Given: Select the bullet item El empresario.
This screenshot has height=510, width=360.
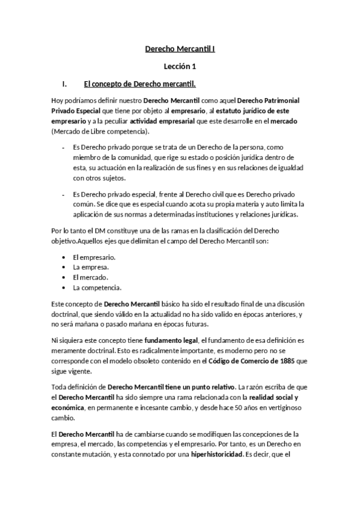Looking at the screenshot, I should pyautogui.click(x=94, y=257).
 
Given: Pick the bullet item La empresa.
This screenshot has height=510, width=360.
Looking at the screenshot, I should pyautogui.click(x=90, y=266).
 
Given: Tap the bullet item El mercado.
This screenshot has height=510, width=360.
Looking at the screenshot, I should pyautogui.click(x=90, y=277).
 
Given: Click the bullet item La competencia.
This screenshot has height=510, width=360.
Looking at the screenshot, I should pyautogui.click(x=97, y=287).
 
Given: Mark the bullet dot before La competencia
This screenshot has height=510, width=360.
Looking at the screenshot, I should pyautogui.click(x=64, y=287).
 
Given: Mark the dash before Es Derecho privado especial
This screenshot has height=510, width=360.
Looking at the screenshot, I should pyautogui.click(x=64, y=194).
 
